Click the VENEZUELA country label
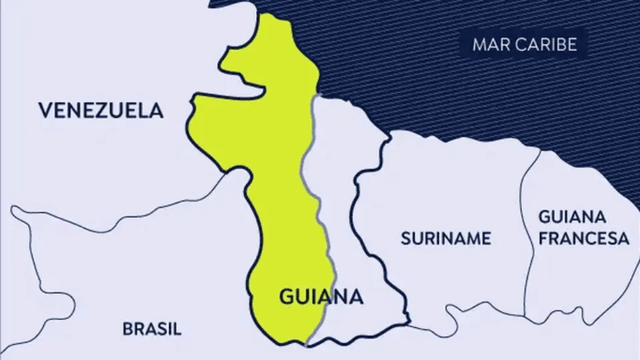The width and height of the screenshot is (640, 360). (x=101, y=110)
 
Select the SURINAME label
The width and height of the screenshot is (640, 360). (x=445, y=238)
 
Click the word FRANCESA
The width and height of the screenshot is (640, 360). (x=583, y=238)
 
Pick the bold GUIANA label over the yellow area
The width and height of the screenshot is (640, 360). (x=320, y=297)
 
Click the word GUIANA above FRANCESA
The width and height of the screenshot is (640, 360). (x=572, y=217)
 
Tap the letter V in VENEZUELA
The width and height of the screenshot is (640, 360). (x=45, y=110)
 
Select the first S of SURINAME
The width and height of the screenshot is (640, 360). (x=405, y=238)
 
